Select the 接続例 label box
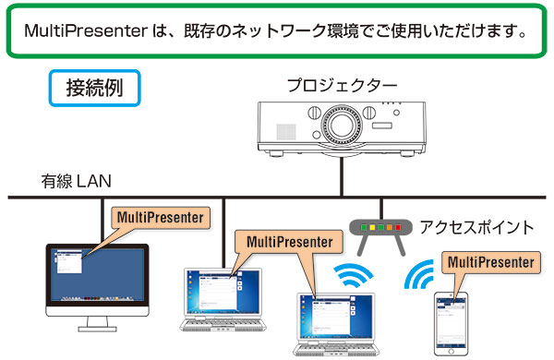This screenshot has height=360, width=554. (95, 89)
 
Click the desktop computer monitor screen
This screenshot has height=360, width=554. (96, 277)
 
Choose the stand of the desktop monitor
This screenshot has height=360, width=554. (96, 322)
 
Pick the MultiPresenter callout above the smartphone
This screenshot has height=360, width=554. (489, 262)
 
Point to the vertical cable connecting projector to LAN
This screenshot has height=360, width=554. (341, 175)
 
